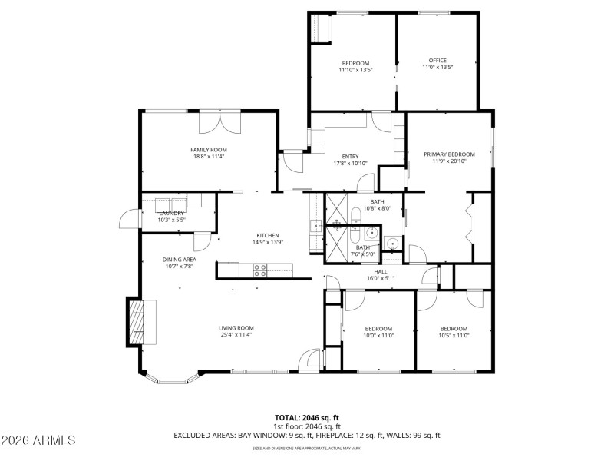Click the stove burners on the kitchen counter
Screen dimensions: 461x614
point(260,270)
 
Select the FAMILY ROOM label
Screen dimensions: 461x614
point(208,150)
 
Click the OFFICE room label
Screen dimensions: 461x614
point(437,61)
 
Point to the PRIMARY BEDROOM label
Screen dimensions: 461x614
point(449,154)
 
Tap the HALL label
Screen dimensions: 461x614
point(381,271)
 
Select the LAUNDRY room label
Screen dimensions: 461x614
point(171,213)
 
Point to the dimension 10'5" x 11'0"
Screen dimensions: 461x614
point(454,335)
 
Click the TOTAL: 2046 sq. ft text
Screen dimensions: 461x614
point(306,418)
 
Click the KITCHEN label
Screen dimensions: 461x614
point(267,235)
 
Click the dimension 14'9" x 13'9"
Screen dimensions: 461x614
point(267,242)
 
